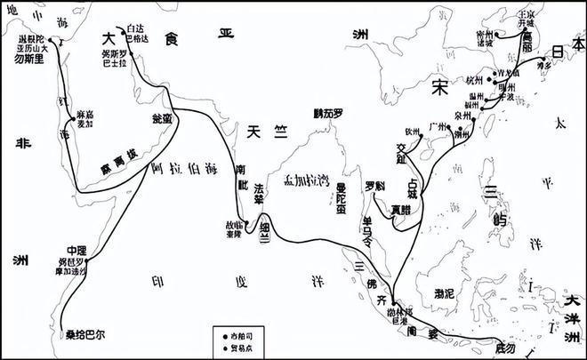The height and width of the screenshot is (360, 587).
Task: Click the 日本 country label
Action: click(559, 52)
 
